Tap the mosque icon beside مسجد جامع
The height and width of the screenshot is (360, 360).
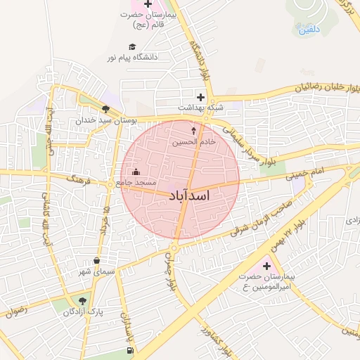pyautogui.click(x=136, y=172)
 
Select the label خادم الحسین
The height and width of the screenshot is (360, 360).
pyautogui.click(x=194, y=142)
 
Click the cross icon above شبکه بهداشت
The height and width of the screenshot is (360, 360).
pyautogui.click(x=201, y=97)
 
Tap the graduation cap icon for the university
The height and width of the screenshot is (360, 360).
pyautogui.click(x=132, y=46)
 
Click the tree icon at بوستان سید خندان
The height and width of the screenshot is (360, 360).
pyautogui.click(x=105, y=109)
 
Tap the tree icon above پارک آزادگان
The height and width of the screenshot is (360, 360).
pyautogui.click(x=83, y=301)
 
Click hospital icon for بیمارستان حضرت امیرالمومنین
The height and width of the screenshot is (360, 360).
pyautogui.click(x=266, y=266)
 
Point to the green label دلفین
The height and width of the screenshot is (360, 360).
pyautogui.click(x=309, y=30)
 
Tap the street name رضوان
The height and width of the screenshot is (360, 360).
pyautogui.click(x=20, y=309)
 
